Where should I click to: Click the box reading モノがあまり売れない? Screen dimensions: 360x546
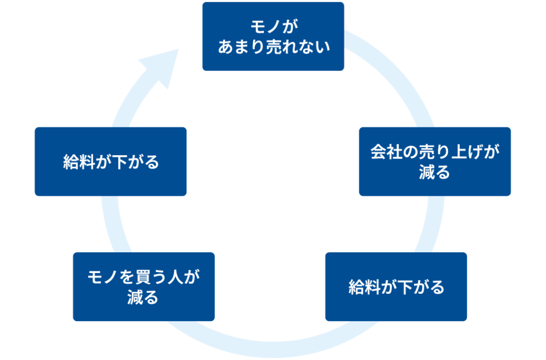273,36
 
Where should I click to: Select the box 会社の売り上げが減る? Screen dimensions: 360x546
435,161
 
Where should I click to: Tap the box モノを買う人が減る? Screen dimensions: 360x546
143,286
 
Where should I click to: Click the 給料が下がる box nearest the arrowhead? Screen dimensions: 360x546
110,161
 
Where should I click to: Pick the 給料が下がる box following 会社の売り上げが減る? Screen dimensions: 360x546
396,286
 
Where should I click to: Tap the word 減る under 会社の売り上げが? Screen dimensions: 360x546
435,173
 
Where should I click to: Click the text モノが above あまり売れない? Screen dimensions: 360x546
273,26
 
